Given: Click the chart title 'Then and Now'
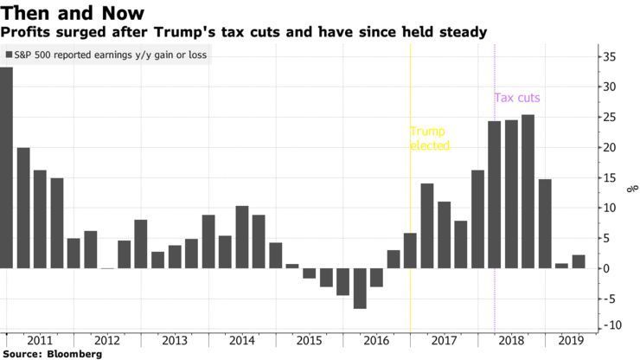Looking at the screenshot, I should click(73, 12).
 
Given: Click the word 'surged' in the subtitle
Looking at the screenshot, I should click(75, 32).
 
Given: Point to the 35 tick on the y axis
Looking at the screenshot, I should click(610, 56).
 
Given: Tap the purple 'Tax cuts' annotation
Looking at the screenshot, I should click(517, 98).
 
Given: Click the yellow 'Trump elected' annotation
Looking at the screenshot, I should click(430, 138).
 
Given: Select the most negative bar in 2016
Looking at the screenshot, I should click(360, 288).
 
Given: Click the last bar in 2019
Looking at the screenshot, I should click(579, 261).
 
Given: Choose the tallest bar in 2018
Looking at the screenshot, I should click(528, 191).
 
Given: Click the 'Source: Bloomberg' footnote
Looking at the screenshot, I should click(52, 354).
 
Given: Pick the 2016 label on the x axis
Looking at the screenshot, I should click(376, 341).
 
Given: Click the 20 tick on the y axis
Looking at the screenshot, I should click(610, 147).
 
